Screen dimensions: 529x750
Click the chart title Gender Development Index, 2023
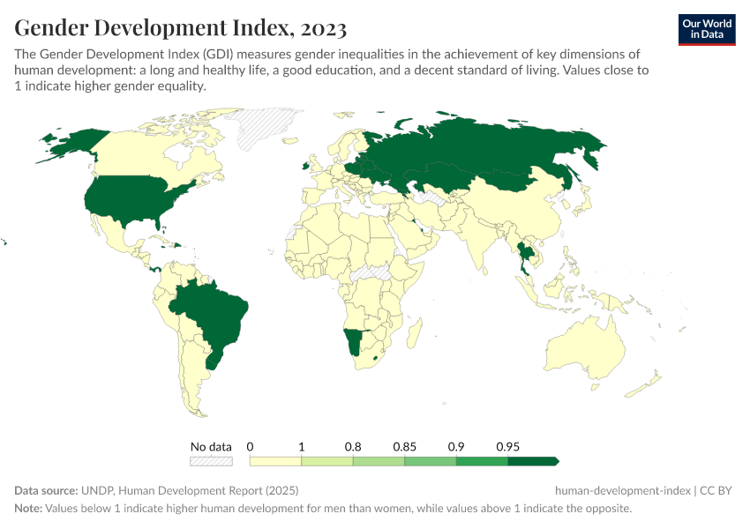[180, 28]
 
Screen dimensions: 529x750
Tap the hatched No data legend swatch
[211, 460]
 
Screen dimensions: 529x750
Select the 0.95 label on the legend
[507, 447]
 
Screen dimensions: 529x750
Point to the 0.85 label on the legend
[404, 447]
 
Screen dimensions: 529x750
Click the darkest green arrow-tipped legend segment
[533, 460]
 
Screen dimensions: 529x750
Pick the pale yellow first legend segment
[275, 460]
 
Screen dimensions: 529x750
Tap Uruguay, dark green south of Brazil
[211, 361]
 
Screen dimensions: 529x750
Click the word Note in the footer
[29, 509]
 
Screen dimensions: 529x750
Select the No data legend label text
[211, 447]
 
